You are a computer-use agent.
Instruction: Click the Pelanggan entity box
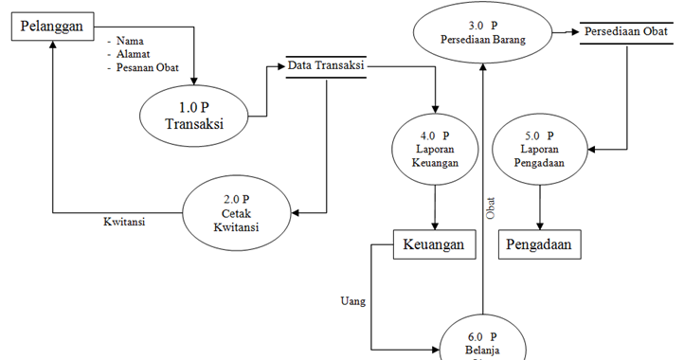point(52,27)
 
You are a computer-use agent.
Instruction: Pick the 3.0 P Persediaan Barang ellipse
point(483,32)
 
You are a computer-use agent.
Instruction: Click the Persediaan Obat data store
point(626,32)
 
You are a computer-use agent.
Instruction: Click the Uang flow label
point(352,301)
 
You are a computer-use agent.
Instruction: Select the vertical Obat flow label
point(491,208)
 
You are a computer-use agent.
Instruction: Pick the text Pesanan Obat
point(145,67)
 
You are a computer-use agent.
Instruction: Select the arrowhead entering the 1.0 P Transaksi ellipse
point(194,80)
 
